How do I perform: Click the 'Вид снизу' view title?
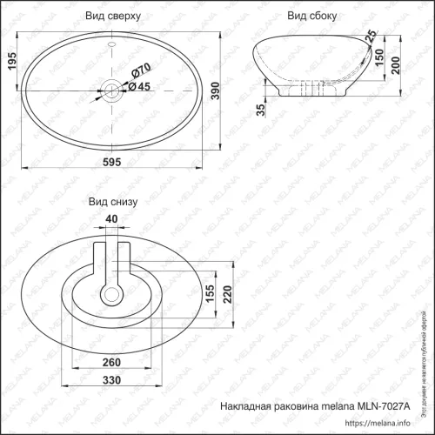click(113, 201)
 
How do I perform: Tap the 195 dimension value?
click(10, 62)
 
